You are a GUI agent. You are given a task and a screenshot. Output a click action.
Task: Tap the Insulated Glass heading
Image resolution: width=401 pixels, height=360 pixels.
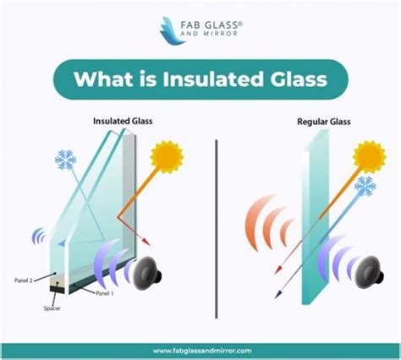(123, 121)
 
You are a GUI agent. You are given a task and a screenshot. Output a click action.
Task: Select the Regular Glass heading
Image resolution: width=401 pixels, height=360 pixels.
(324, 122)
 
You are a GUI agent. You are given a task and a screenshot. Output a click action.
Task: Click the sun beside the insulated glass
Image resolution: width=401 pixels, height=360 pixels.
(167, 157)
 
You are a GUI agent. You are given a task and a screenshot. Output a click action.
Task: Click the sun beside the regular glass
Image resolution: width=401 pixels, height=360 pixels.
(370, 157)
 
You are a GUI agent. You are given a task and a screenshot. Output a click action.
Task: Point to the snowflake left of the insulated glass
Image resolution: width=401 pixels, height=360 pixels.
(65, 160)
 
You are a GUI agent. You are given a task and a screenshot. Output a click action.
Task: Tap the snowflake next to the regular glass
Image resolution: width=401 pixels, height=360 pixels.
(365, 186)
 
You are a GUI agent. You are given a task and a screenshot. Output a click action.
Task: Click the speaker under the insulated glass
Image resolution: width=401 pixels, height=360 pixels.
(147, 273)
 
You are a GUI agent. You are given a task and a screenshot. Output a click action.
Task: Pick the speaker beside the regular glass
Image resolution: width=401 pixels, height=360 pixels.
(369, 271)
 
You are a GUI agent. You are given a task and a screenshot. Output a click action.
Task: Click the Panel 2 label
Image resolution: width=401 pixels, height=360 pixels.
(24, 281)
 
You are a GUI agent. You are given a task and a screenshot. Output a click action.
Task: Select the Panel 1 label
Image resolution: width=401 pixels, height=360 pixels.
(105, 293)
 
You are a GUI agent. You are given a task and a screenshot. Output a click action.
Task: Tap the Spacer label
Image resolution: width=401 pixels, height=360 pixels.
(52, 308)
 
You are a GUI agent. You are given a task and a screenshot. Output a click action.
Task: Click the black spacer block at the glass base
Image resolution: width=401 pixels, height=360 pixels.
(58, 289)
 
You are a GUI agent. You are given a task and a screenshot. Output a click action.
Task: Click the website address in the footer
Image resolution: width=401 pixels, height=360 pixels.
(202, 351)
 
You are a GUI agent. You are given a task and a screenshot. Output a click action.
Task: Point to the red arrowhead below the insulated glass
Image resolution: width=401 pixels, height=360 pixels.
(146, 242)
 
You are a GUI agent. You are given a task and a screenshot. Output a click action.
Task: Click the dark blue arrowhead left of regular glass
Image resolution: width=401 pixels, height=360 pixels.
(278, 294)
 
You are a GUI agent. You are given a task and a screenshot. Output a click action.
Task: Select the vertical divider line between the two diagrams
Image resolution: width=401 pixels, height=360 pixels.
(217, 229)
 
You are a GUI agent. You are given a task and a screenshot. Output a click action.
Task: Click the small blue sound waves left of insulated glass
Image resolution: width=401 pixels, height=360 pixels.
(39, 236)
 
